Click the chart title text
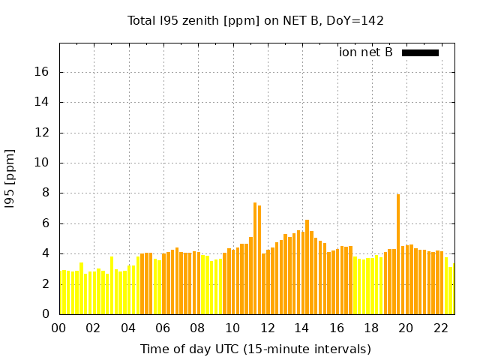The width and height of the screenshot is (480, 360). (x=255, y=20)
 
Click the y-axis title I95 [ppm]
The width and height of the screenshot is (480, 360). (x=10, y=178)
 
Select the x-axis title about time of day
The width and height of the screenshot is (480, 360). (x=255, y=349)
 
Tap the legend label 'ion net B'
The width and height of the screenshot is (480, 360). (x=365, y=52)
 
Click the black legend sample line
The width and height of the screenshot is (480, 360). (x=420, y=52)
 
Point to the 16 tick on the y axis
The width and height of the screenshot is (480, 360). (x=43, y=72)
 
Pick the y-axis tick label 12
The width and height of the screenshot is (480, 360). (x=43, y=133)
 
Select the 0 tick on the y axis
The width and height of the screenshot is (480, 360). (x=46, y=314)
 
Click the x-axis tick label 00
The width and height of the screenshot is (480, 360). (x=59, y=328)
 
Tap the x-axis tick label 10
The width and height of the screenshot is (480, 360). (x=232, y=328)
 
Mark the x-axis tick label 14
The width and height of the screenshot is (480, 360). (x=301, y=328)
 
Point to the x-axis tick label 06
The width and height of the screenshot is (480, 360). (x=163, y=328)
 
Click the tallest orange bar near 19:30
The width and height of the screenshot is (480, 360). (x=398, y=255)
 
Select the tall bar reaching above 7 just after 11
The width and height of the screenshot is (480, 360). (x=255, y=259)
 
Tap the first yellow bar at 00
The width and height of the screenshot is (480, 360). (x=61, y=292)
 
